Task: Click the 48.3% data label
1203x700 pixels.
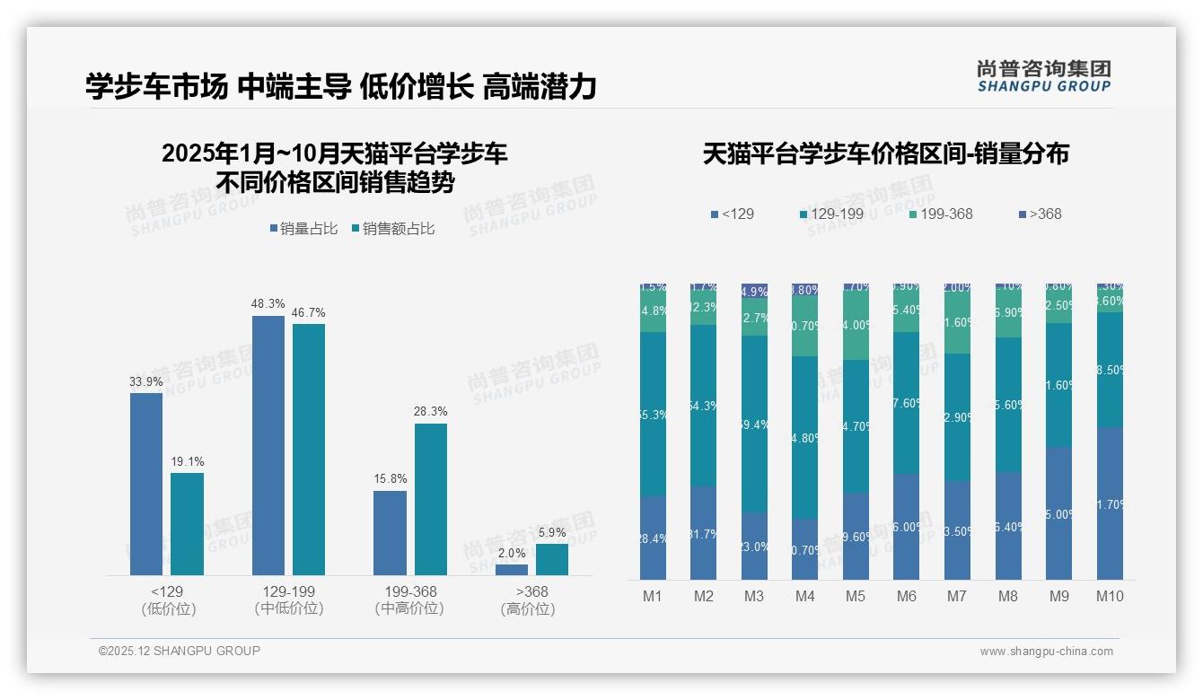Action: pyautogui.click(x=268, y=304)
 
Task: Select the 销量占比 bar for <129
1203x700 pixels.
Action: pyautogui.click(x=146, y=484)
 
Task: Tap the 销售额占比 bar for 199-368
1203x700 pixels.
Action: pyautogui.click(x=430, y=499)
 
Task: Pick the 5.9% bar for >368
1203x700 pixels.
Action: pyautogui.click(x=552, y=559)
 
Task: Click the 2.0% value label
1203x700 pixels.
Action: pyautogui.click(x=512, y=553)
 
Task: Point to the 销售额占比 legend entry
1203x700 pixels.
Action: pyautogui.click(x=393, y=229)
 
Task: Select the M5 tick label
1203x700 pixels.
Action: pyautogui.click(x=856, y=596)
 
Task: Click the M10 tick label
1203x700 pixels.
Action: pyautogui.click(x=1110, y=596)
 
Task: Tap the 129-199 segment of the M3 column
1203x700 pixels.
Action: pyautogui.click(x=754, y=424)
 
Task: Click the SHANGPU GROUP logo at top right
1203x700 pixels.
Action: pyautogui.click(x=1043, y=75)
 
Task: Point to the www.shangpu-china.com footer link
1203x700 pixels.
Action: pyautogui.click(x=1046, y=652)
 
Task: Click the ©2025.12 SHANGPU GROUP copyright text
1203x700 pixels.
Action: pyautogui.click(x=180, y=651)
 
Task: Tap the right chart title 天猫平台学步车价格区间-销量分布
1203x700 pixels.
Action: pyautogui.click(x=885, y=154)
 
